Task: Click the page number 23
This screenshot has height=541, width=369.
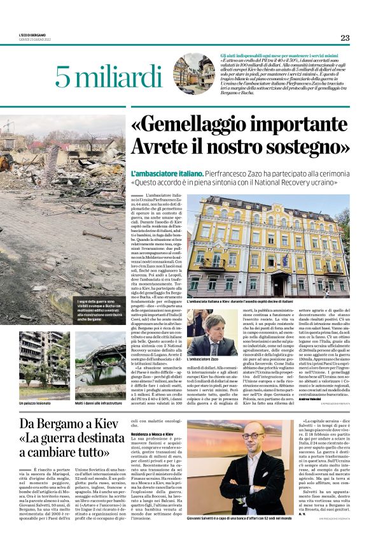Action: [344, 38]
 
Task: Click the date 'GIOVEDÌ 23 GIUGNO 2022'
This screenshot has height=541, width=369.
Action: [39, 40]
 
